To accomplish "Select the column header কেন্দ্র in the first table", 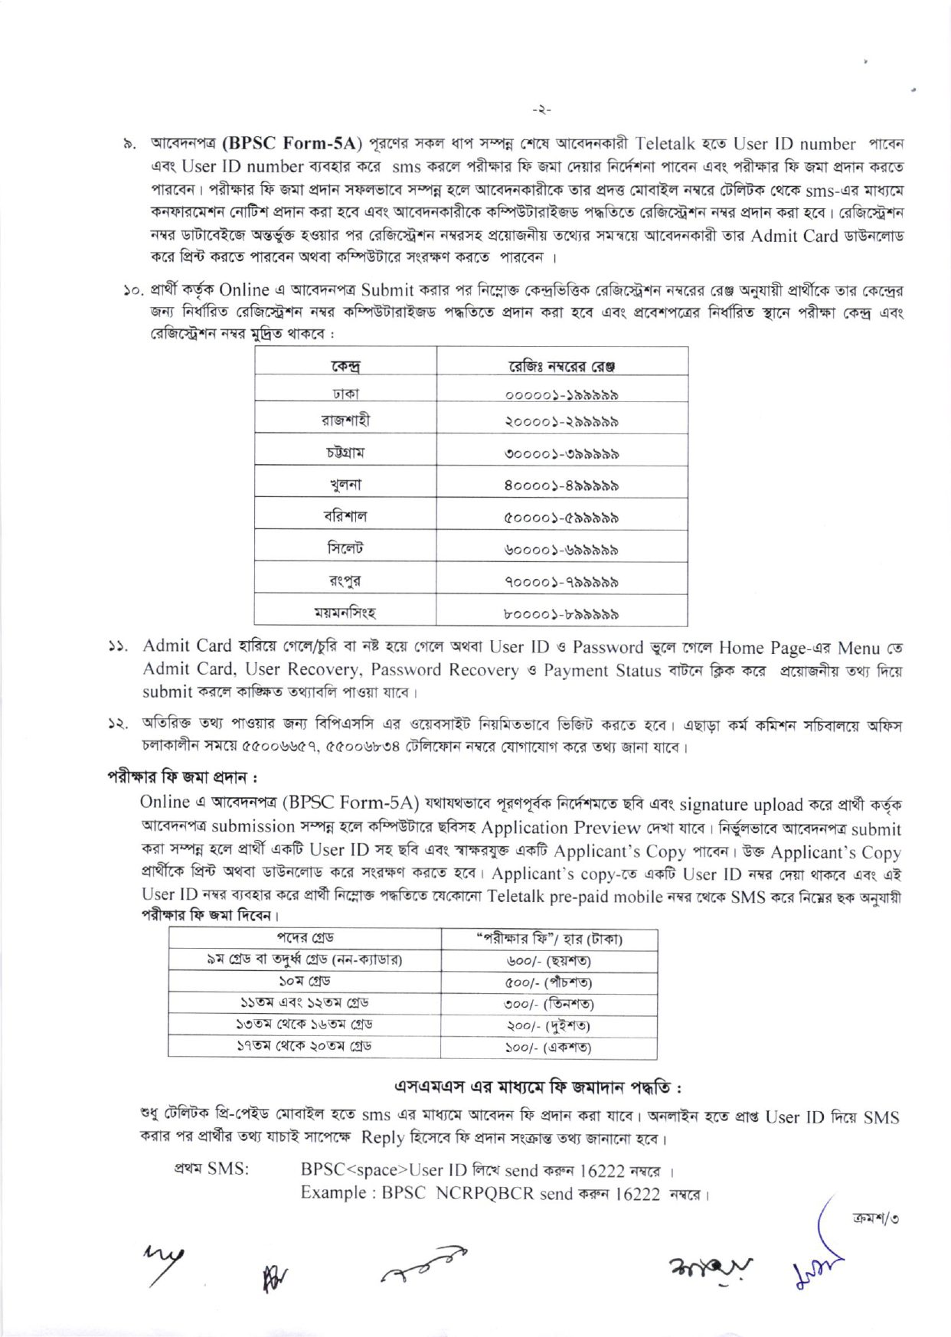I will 345,366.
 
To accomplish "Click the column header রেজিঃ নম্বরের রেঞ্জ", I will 562,366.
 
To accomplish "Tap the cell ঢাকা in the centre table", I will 345,394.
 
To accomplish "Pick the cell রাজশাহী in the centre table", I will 345,420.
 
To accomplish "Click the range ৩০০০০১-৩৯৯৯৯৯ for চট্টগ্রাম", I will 562,453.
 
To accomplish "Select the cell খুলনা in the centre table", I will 345,485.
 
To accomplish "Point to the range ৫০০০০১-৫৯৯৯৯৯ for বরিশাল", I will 562,518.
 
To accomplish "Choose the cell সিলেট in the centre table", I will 345,549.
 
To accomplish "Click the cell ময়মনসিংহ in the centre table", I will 345,613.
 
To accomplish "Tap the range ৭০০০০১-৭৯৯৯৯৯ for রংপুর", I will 562,582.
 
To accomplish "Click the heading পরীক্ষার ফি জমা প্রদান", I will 181,777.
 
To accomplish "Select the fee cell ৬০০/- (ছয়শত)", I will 548,960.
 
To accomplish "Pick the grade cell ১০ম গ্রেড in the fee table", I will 305,982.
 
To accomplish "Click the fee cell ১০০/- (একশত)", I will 548,1047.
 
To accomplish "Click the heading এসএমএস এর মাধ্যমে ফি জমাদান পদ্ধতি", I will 538,1087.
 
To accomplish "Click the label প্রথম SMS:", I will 211,1169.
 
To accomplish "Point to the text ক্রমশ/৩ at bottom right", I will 875,1218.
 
